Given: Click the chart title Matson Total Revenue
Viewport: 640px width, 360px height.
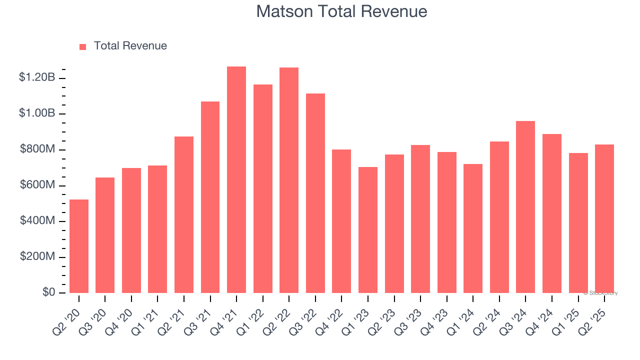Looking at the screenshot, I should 341,11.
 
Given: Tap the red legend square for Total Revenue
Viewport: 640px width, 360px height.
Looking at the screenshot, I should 83,46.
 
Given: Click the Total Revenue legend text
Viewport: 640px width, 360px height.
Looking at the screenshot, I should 130,46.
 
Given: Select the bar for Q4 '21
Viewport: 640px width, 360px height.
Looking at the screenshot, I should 236,180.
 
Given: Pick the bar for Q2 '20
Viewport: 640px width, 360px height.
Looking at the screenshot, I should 79,246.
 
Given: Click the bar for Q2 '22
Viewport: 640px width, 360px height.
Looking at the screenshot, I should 289,180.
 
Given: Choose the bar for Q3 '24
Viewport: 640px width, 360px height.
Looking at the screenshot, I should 525,207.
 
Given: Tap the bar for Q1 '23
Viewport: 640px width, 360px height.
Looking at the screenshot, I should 368,230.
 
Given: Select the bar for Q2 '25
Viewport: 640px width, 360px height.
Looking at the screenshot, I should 604,218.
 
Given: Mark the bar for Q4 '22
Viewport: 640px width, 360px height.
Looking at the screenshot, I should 341,221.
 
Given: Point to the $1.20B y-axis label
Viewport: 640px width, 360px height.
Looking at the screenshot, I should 37,77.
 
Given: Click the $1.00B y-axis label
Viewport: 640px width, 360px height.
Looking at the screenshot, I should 37,113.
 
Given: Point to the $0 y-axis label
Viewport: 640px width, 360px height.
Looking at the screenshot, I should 48,292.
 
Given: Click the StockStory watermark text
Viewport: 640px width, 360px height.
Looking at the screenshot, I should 600,293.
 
